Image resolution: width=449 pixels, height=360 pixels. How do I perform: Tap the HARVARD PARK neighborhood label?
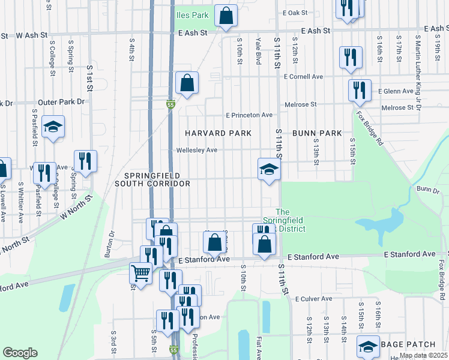[x=217, y=133]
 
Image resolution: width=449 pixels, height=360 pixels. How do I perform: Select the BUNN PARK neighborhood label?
[x=317, y=133]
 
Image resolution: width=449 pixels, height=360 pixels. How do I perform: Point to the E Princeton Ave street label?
[x=249, y=115]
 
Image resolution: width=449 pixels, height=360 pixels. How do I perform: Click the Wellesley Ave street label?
[x=196, y=150]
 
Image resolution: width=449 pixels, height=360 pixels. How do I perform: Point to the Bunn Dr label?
[x=427, y=190]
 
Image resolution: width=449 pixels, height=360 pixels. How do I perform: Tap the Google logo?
[x=20, y=353]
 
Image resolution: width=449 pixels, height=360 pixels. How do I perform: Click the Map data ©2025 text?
[x=423, y=355]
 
